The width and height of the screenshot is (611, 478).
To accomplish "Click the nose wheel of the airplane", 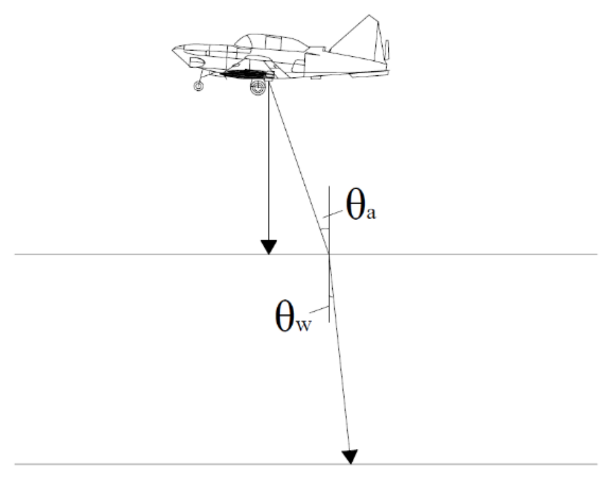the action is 198,86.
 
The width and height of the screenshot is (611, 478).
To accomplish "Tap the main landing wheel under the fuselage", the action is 258,88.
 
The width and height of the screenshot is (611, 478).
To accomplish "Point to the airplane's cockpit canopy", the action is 273,42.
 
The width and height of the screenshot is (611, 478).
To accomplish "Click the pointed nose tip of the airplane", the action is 173,49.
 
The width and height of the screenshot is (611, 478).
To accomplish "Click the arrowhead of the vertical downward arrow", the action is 269,247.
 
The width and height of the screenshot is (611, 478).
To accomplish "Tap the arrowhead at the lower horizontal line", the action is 350,457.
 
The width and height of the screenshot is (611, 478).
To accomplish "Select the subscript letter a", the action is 371,213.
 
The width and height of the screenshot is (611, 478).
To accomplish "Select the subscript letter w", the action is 304,326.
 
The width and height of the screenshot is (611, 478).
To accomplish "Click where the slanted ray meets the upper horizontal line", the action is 329,254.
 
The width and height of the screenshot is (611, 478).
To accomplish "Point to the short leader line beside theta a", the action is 333,213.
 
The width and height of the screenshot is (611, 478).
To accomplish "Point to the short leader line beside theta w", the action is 319,310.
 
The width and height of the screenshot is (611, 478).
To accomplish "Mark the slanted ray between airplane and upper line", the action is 299,169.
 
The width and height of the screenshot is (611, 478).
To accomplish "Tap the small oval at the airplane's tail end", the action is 387,49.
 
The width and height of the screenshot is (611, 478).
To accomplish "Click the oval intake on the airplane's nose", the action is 197,62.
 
